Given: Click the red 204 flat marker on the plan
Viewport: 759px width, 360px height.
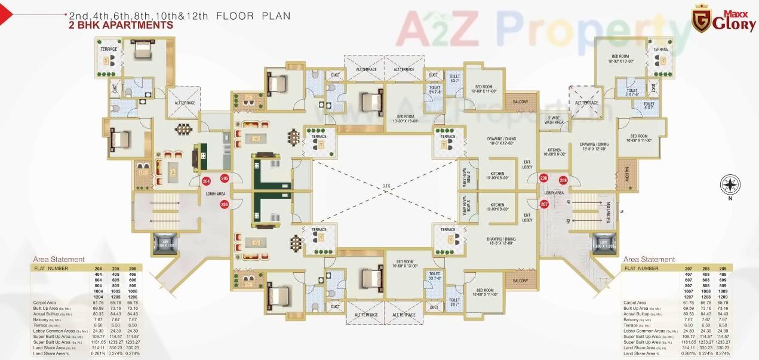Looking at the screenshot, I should [206, 181].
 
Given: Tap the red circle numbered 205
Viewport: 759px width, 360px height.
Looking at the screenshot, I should [225, 178].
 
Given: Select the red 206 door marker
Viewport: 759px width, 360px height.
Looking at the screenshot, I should [225, 204].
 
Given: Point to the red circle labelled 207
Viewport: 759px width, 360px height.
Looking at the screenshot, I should [544, 204].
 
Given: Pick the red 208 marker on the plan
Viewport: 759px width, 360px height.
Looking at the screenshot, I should [544, 178].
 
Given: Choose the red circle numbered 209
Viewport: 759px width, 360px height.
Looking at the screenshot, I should [563, 180].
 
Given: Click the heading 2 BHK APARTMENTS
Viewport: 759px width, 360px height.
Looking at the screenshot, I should [121, 25].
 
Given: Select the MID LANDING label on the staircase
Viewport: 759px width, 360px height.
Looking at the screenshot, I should [611, 211].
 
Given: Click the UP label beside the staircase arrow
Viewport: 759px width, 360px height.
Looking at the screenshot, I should [568, 202].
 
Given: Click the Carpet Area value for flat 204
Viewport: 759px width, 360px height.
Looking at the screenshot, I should [98, 303].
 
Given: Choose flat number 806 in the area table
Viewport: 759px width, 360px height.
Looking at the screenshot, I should [133, 286].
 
